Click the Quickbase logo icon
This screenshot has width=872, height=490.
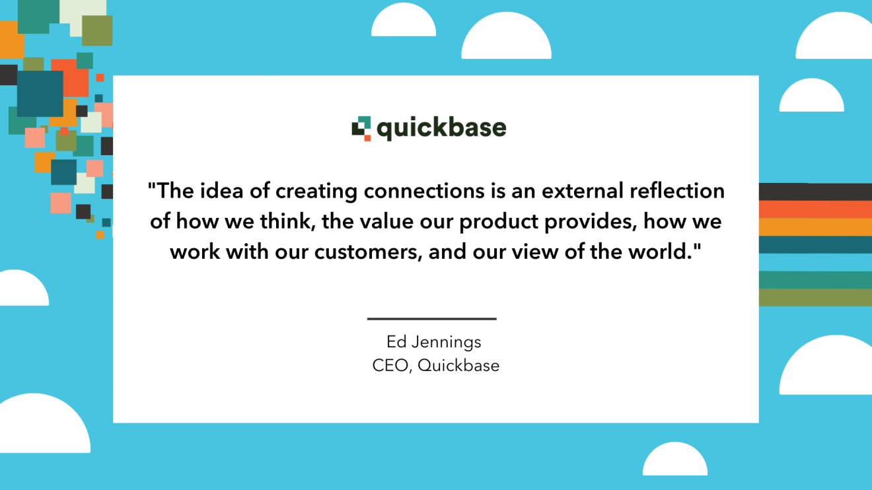pos(361,128)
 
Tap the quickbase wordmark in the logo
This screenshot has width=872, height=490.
pos(441,128)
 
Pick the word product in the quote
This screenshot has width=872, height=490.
pos(499,222)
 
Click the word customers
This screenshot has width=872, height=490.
pos(368,252)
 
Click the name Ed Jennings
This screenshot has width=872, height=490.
pos(434,342)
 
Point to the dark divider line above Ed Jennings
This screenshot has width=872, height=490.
pos(431,319)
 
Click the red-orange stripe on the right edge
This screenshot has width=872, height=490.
pos(815,209)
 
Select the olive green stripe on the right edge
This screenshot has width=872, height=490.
pos(815,297)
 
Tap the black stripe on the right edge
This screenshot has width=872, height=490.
pos(815,192)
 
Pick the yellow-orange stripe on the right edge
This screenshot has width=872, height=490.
pos(815,227)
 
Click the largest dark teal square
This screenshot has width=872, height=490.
pos(40,93)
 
